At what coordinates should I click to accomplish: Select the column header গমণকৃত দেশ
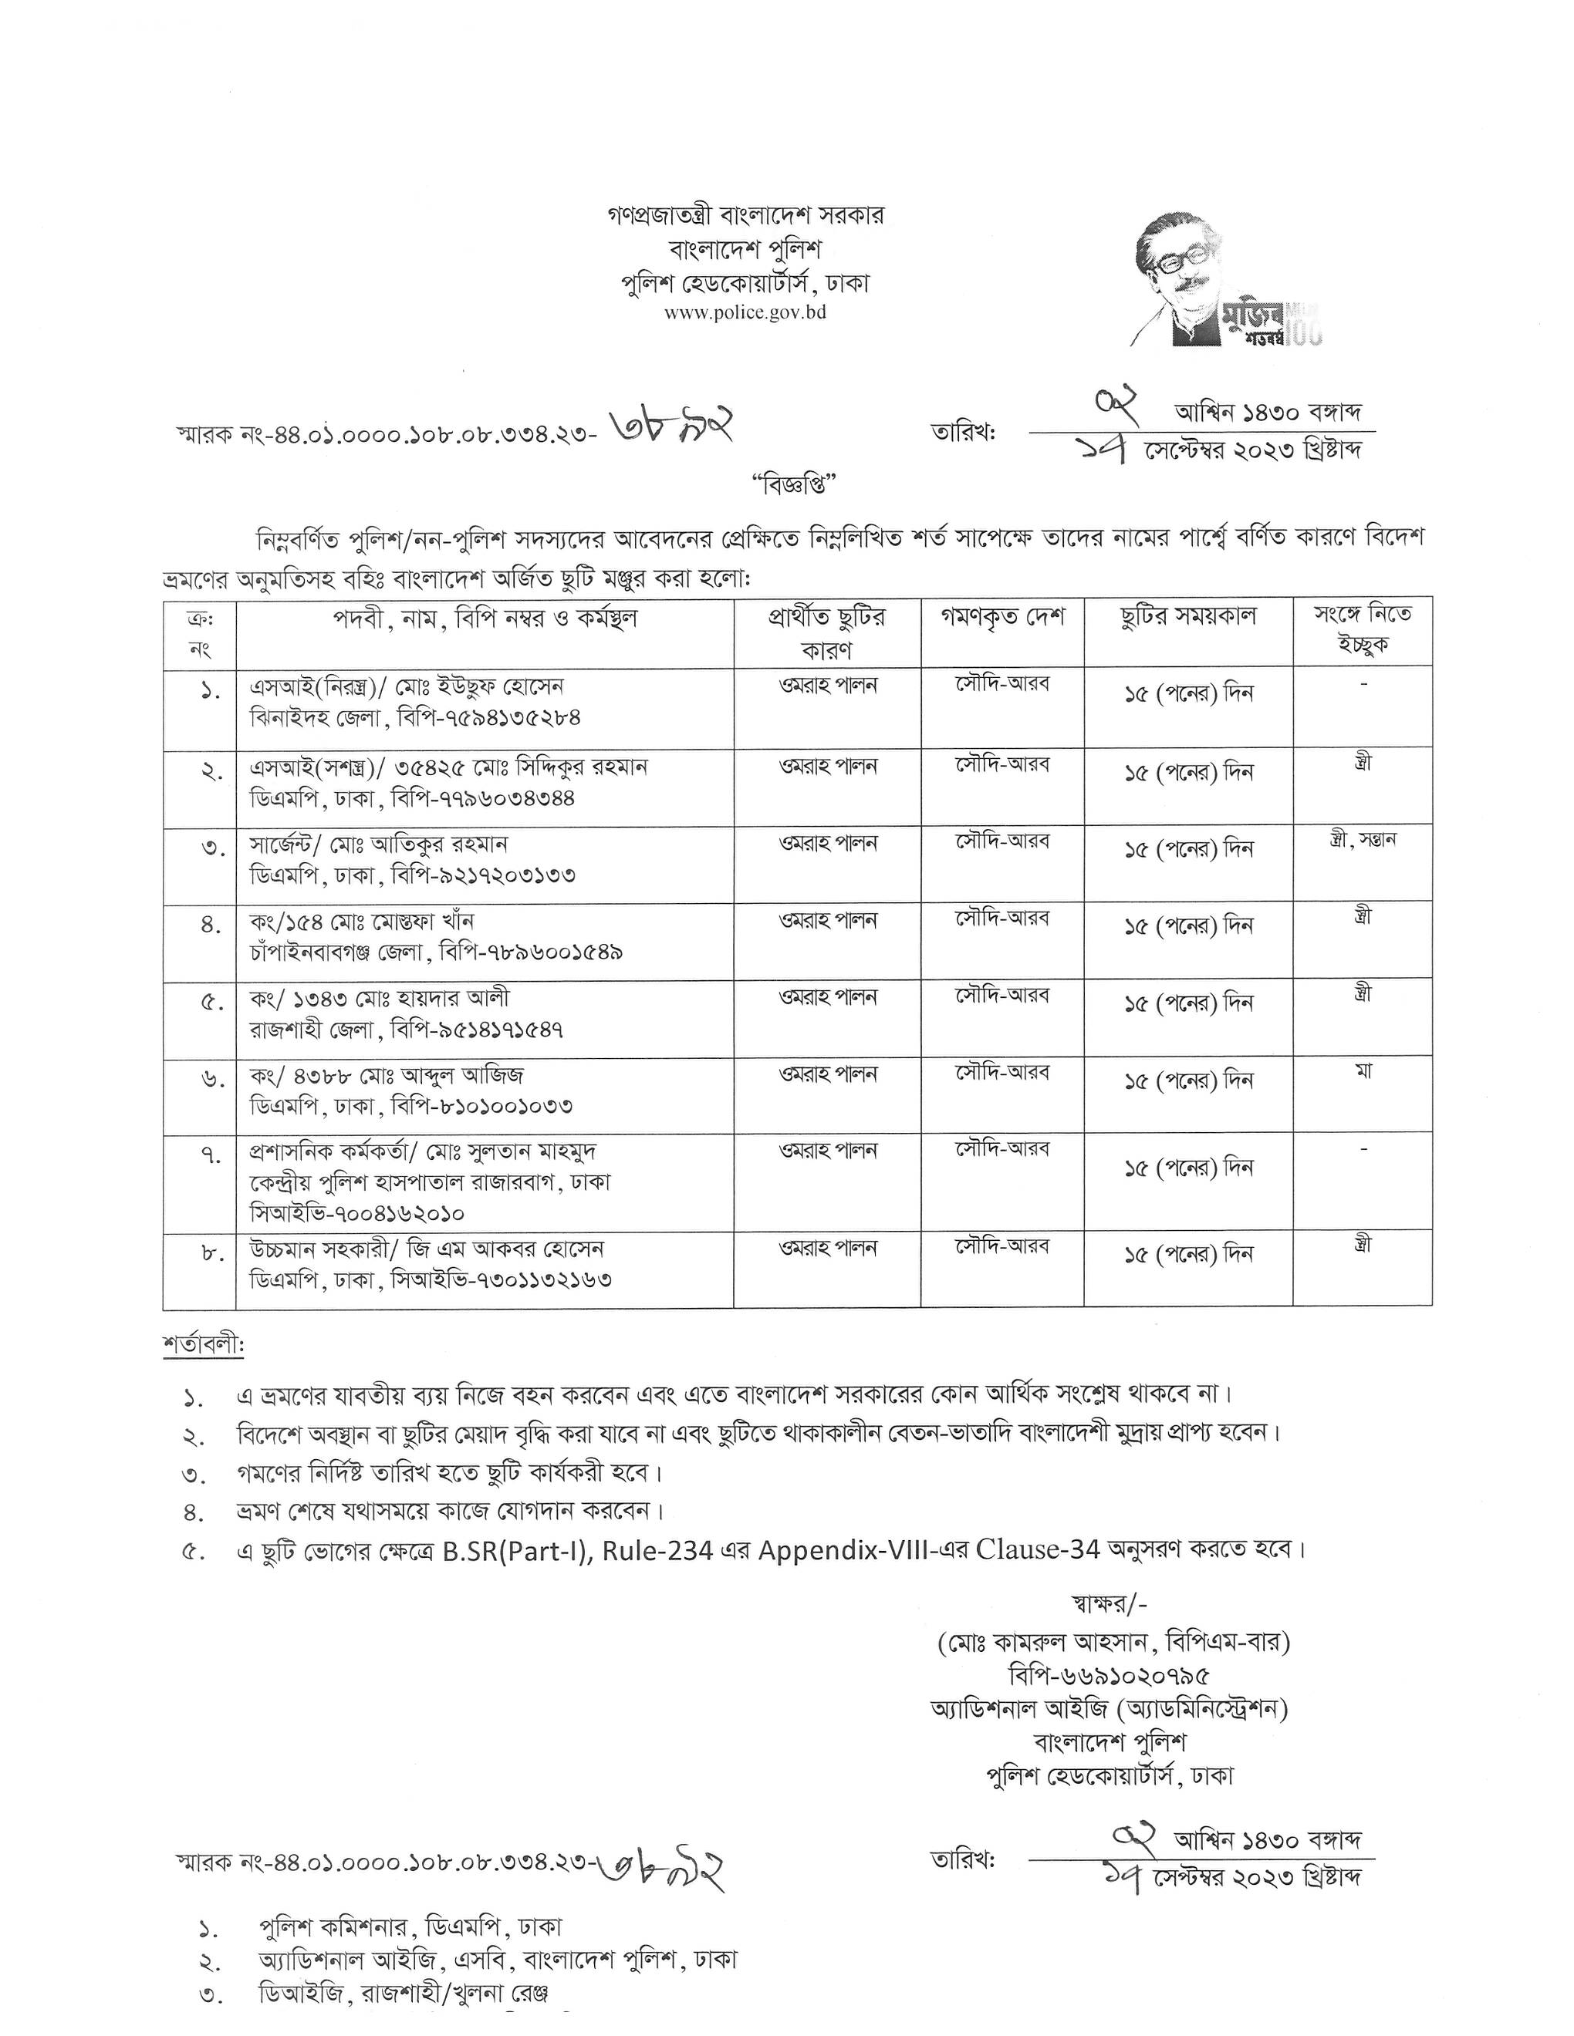[x=1001, y=617]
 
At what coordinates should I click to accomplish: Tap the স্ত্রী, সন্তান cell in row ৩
[x=1363, y=840]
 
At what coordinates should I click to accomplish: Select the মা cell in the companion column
[x=1363, y=1071]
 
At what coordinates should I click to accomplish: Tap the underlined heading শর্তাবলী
[x=202, y=1346]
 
